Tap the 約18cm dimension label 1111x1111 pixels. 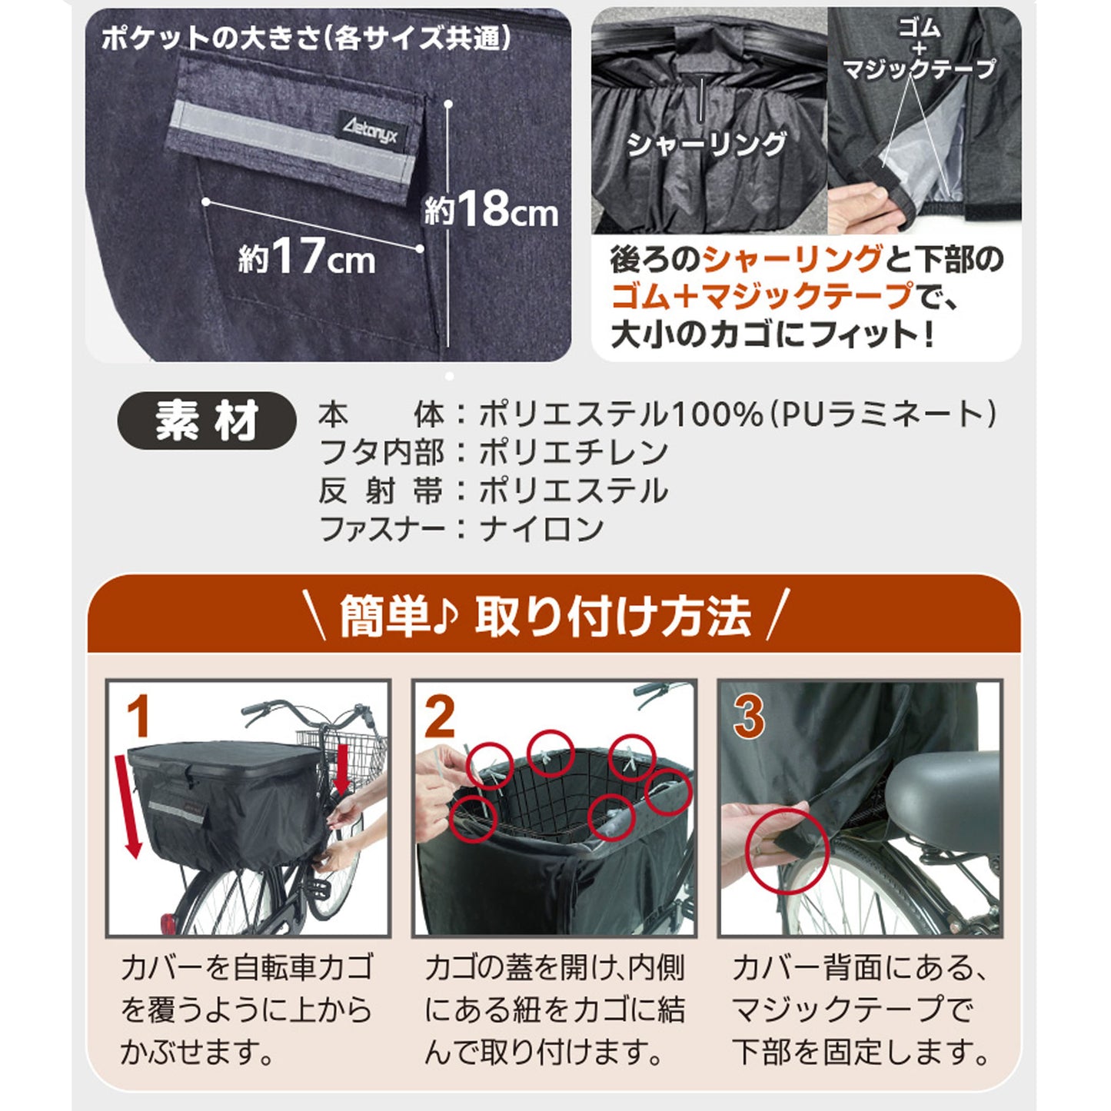(491, 211)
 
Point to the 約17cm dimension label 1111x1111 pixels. (307, 258)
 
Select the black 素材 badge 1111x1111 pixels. (206, 421)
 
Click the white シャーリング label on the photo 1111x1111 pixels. (707, 144)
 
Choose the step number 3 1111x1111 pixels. (748, 717)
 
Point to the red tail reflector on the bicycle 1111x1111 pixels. (168, 923)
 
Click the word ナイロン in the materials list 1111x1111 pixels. (542, 529)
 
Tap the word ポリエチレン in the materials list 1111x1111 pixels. (574, 453)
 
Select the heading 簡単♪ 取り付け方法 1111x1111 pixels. (545, 616)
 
